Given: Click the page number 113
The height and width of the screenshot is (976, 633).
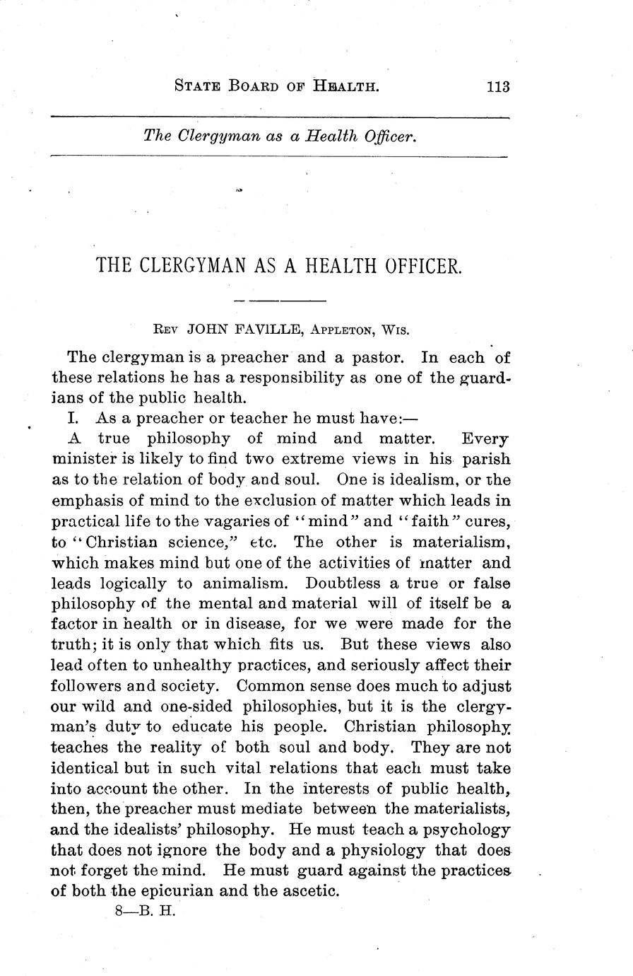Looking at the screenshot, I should (x=497, y=87).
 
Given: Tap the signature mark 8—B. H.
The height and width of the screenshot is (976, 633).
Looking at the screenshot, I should (x=144, y=912).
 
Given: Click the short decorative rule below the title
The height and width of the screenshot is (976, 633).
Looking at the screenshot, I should (x=280, y=301).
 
